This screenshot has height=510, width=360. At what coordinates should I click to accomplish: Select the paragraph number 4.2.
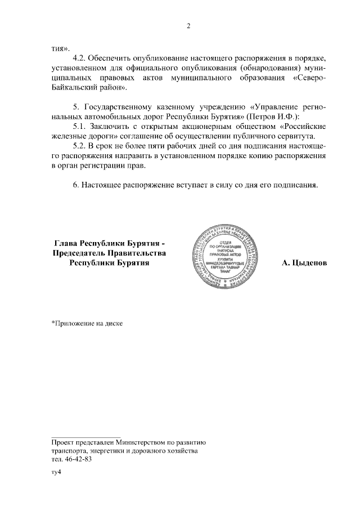click(81, 58)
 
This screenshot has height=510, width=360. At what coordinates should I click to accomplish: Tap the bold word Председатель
click(82, 253)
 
